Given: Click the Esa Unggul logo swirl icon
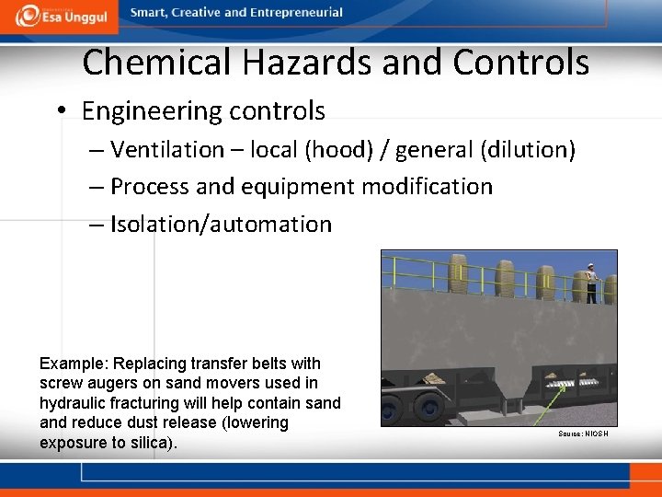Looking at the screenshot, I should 29,15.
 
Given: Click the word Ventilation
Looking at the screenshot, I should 167,150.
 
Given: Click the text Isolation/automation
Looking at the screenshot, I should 221,225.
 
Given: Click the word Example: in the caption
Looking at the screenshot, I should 72,364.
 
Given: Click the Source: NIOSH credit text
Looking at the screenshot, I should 582,433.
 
